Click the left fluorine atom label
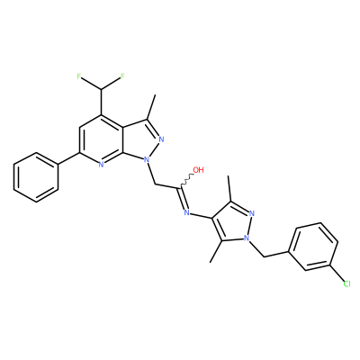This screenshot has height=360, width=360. (79, 76)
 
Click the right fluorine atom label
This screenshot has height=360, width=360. (122, 76)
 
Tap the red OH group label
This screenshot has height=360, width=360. (198, 170)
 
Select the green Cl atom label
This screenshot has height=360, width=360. (346, 283)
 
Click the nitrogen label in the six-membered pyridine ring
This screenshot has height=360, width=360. (101, 164)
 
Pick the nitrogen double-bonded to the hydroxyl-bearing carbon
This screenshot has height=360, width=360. (187, 212)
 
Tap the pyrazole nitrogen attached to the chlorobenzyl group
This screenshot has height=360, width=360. (247, 238)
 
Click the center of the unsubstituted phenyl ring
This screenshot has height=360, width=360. (36, 177)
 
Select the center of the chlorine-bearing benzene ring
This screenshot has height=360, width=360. (312, 247)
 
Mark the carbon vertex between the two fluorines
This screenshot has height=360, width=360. (101, 89)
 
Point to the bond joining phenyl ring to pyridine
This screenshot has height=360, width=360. (68, 158)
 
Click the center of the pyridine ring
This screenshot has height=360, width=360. (101, 139)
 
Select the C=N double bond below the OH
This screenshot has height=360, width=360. (183, 199)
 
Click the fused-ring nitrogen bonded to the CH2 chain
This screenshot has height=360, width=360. (147, 159)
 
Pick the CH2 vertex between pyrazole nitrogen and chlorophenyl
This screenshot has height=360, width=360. (264, 256)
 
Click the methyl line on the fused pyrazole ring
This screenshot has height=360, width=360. (151, 107)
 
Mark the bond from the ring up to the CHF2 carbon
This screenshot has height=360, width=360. (101, 102)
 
